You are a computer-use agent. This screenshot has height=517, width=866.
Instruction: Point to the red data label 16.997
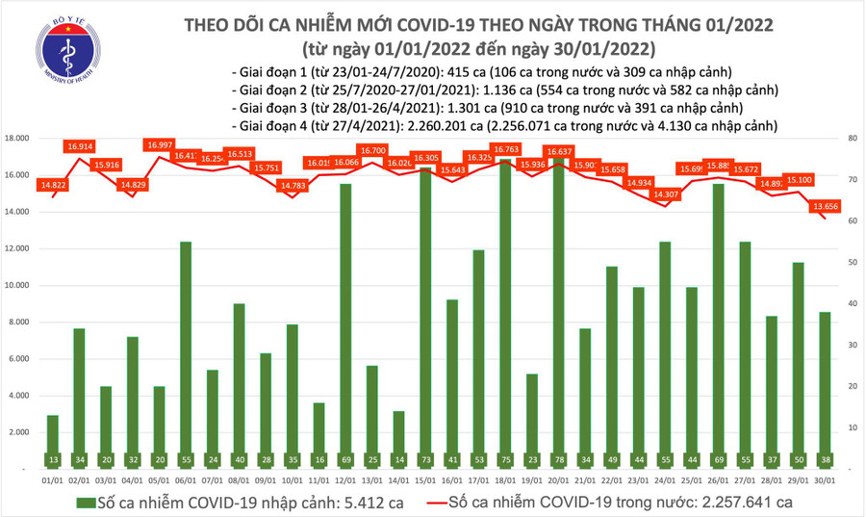click(160, 144)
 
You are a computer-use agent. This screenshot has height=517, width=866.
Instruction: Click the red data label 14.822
click(54, 185)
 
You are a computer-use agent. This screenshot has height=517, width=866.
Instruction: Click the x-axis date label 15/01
click(424, 478)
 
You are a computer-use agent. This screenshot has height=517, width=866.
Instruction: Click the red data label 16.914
click(80, 146)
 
